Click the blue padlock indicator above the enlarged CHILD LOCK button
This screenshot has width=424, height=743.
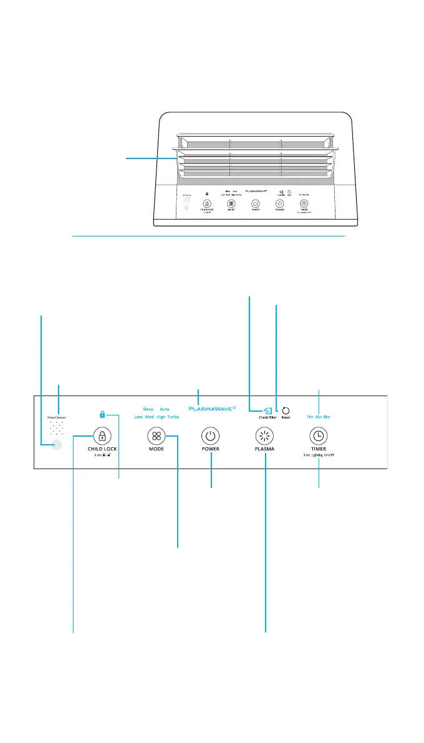102,414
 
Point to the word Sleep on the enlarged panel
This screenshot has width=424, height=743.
148,409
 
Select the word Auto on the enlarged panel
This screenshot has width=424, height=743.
165,409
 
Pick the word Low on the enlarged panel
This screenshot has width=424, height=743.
139,417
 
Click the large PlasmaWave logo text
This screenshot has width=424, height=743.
212,409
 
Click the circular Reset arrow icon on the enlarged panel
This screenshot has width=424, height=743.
286,410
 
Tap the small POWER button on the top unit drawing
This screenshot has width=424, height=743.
255,203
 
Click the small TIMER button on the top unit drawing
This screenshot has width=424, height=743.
303,203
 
